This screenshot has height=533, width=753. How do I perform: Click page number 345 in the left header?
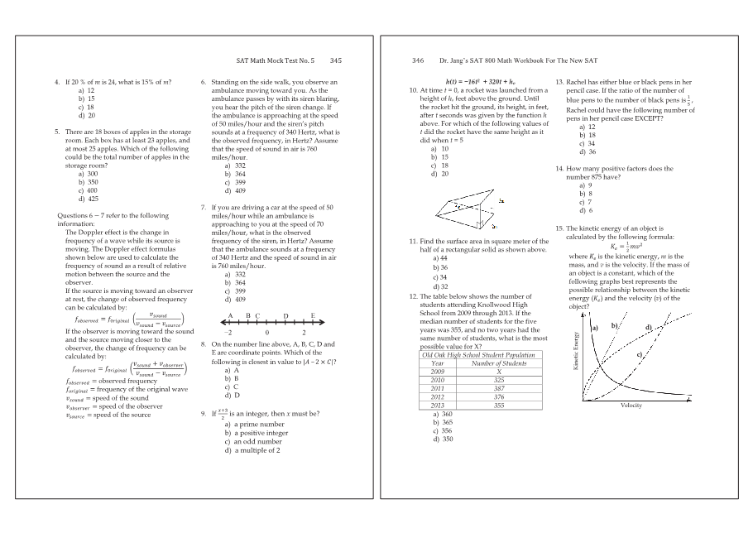[335, 60]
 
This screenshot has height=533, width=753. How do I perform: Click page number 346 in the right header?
[418, 60]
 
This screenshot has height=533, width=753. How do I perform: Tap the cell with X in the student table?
[498, 371]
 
